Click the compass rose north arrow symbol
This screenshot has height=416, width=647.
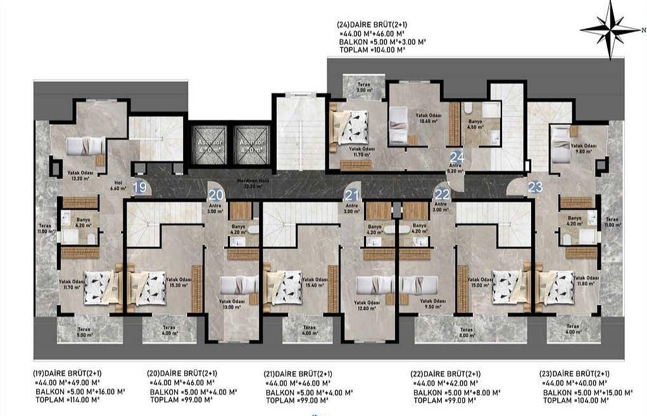(x=611, y=28)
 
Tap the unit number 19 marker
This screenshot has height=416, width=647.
(x=141, y=187)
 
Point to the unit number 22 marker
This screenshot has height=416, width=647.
(x=442, y=194)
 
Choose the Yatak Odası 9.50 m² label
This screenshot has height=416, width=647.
(x=433, y=304)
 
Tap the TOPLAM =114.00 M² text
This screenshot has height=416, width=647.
(x=62, y=400)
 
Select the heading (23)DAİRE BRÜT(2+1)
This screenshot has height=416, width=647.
(x=574, y=374)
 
